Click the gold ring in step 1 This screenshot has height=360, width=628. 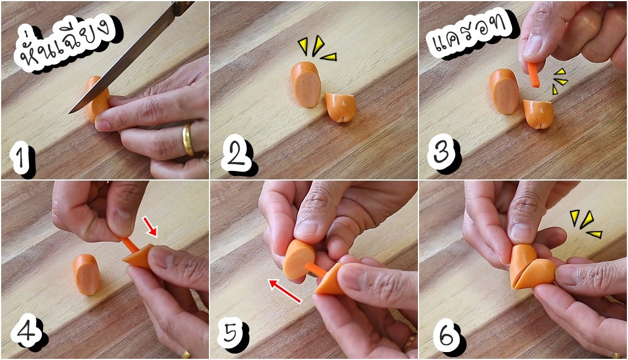click(x=187, y=140)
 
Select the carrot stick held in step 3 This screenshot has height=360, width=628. click(x=533, y=75)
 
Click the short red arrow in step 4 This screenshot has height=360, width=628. click(x=150, y=226)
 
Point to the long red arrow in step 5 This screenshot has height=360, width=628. click(x=285, y=291)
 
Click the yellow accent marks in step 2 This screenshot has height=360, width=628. click(x=317, y=49)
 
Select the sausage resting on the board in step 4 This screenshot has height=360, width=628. click(x=87, y=275)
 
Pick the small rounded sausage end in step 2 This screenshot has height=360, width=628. click(x=340, y=107)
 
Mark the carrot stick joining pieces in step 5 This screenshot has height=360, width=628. click(x=316, y=270)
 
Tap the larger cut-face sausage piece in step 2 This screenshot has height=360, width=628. click(x=306, y=84)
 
